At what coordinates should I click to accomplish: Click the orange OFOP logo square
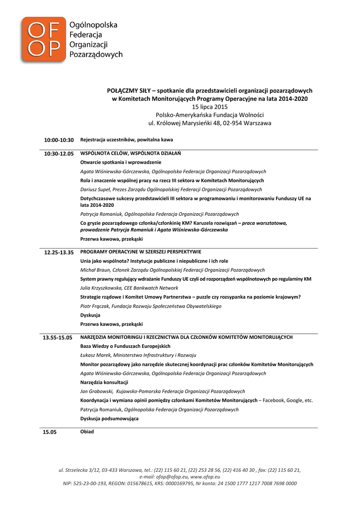43,39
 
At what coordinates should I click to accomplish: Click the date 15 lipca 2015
210,107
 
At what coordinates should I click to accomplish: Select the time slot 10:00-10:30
59,140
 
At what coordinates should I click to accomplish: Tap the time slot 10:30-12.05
59,154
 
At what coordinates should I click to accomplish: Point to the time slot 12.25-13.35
59,253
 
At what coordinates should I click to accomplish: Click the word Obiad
87,432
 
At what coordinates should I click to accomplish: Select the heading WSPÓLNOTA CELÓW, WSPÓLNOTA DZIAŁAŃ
131,154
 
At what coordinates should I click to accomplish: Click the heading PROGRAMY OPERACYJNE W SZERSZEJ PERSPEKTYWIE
141,252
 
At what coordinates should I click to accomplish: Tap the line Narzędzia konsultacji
104,382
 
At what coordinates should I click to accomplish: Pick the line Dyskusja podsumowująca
109,419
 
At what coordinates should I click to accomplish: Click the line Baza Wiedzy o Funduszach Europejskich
125,346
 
